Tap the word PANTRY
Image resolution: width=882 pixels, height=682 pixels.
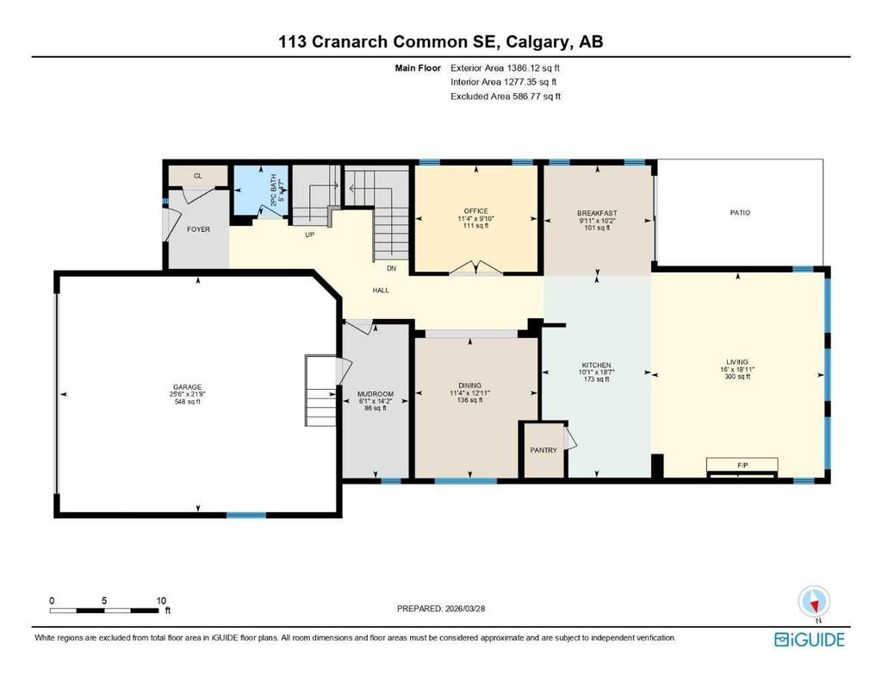click(x=543, y=450)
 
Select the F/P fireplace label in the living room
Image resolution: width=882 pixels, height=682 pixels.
click(x=742, y=465)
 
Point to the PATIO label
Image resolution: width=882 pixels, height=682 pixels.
click(x=739, y=212)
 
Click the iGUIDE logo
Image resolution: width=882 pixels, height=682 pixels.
click(x=809, y=639)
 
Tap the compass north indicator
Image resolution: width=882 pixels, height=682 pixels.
click(x=813, y=600)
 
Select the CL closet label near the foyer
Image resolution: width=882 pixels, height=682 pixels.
click(x=197, y=176)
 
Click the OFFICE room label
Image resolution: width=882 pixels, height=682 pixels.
click(x=475, y=211)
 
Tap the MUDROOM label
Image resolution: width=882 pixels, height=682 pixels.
click(x=375, y=394)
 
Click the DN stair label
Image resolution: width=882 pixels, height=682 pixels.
click(x=390, y=268)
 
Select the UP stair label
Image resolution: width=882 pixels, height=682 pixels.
click(x=308, y=234)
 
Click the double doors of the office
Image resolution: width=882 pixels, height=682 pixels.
click(x=475, y=267)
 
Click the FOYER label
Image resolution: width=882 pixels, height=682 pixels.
click(x=199, y=229)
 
